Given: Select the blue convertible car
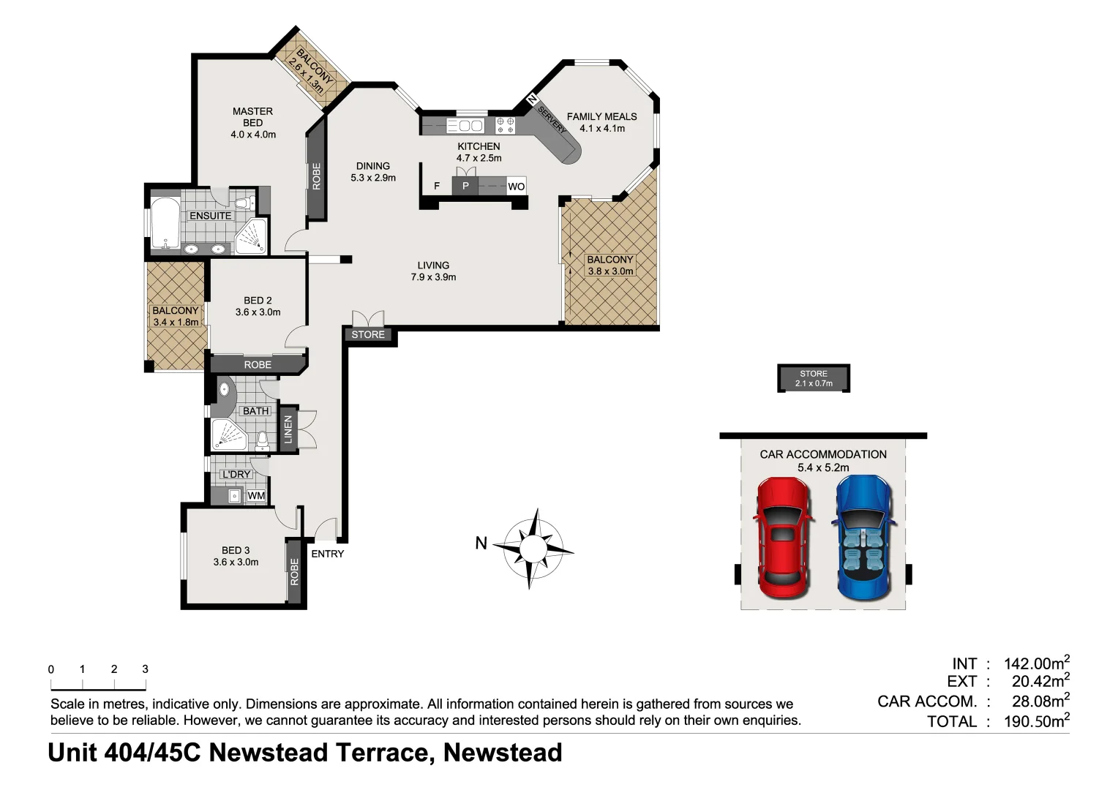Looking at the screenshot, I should (863, 538).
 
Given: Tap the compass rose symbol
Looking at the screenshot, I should (533, 548).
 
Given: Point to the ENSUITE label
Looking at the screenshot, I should (210, 216).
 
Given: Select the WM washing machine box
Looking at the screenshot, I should (256, 496).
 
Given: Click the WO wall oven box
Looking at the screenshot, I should (516, 187).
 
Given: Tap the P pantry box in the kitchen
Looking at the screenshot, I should (465, 186).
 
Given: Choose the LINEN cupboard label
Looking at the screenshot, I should (288, 429).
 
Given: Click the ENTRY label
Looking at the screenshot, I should (327, 554).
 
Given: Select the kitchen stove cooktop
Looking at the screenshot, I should (505, 125).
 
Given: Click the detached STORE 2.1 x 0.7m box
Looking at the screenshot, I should (813, 378).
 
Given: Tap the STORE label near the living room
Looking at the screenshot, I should (368, 335).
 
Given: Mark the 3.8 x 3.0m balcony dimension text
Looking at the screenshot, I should (610, 271).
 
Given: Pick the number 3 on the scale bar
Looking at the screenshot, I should (145, 669).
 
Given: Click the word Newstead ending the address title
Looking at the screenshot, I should (503, 753).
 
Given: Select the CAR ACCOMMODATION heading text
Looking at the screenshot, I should (822, 454).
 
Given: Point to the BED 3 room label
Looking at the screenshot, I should (236, 550).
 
